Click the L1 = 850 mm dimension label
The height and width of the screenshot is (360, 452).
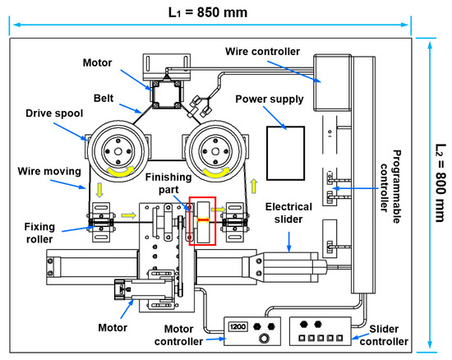[x=208, y=12]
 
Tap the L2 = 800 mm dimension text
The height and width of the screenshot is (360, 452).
[x=440, y=182]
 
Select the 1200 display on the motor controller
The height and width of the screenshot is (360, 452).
[x=238, y=326]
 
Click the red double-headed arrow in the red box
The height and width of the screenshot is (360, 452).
[x=203, y=220]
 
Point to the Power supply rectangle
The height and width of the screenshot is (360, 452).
[x=285, y=153]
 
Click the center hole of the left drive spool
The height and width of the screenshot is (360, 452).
[x=118, y=151]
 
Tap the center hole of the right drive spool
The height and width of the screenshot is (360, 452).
[x=215, y=151]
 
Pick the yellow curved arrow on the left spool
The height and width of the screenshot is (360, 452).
[x=121, y=171]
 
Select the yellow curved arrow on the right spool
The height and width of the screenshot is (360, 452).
[x=216, y=172]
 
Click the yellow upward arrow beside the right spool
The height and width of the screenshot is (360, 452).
[x=254, y=187]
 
